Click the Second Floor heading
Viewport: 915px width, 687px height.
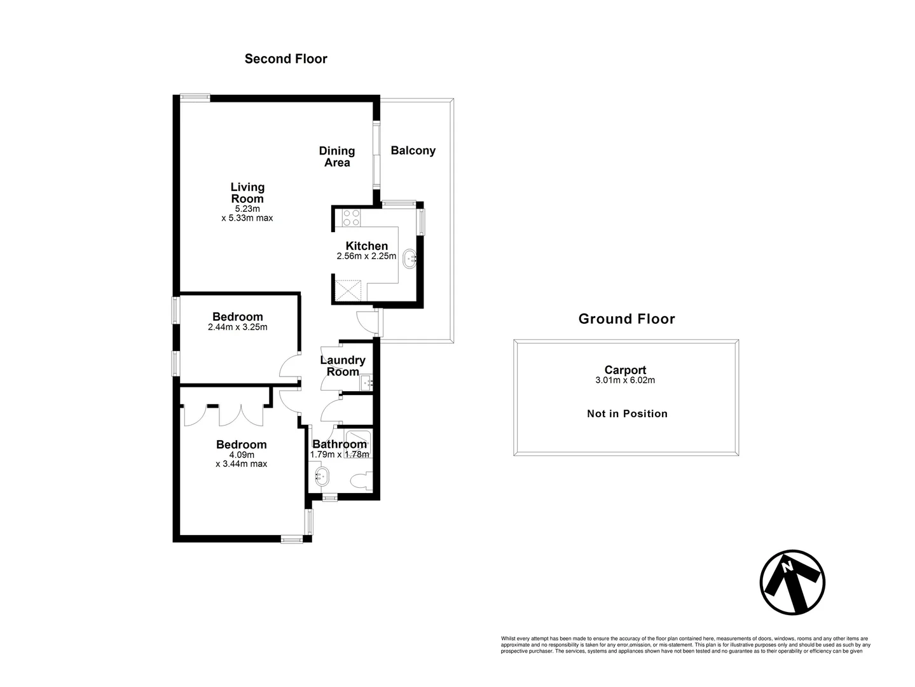click(x=286, y=59)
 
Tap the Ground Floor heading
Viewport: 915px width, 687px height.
click(x=626, y=319)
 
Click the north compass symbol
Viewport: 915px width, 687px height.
click(x=792, y=582)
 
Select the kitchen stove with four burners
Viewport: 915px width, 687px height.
click(x=351, y=218)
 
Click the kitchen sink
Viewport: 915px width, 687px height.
click(x=410, y=258)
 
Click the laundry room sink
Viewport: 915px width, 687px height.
click(x=366, y=383)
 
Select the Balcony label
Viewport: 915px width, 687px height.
click(x=413, y=151)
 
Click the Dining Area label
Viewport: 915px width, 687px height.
click(x=336, y=156)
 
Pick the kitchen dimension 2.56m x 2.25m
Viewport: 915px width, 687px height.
click(x=366, y=257)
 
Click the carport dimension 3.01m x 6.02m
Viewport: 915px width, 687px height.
click(x=626, y=381)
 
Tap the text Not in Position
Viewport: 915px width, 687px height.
click(x=626, y=413)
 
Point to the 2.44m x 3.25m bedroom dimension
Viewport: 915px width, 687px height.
click(x=237, y=328)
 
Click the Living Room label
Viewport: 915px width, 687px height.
click(x=247, y=193)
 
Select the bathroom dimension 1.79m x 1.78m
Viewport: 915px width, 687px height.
click(x=339, y=455)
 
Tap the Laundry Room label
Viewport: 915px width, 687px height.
click(x=343, y=366)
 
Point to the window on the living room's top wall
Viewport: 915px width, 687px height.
click(x=195, y=97)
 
